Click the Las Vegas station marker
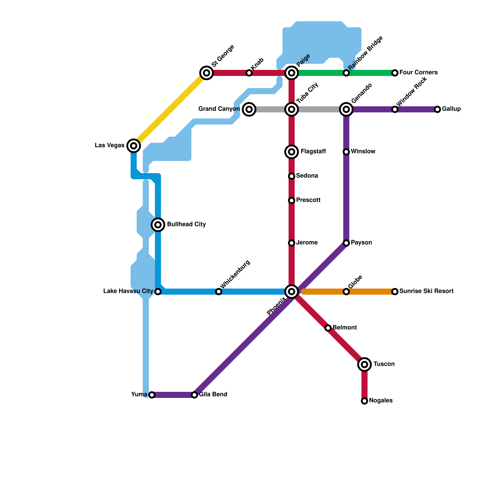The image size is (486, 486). coord(134,146)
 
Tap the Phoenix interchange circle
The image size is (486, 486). coord(292,292)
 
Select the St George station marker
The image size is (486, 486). coord(207,73)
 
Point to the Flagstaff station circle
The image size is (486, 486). coord(292,152)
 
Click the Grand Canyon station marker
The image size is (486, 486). coord(249,109)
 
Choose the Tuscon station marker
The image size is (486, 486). coord(364,364)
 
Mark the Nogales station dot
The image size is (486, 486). coord(364,401)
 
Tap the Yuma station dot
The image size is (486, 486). coord(152,395)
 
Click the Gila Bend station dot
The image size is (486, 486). coord(194,395)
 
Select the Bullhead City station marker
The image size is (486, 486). coord(158,225)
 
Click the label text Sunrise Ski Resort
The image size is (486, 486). coord(426,291)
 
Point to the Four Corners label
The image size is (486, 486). coord(418,73)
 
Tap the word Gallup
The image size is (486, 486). coord(451,109)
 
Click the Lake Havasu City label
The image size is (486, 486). coord(128,291)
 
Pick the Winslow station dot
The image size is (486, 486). coord(346,152)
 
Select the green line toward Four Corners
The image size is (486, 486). coord(371,73)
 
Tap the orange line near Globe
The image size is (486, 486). coord(325,292)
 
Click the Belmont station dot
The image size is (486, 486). coord(328,328)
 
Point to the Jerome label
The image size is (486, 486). coord(307,243)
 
